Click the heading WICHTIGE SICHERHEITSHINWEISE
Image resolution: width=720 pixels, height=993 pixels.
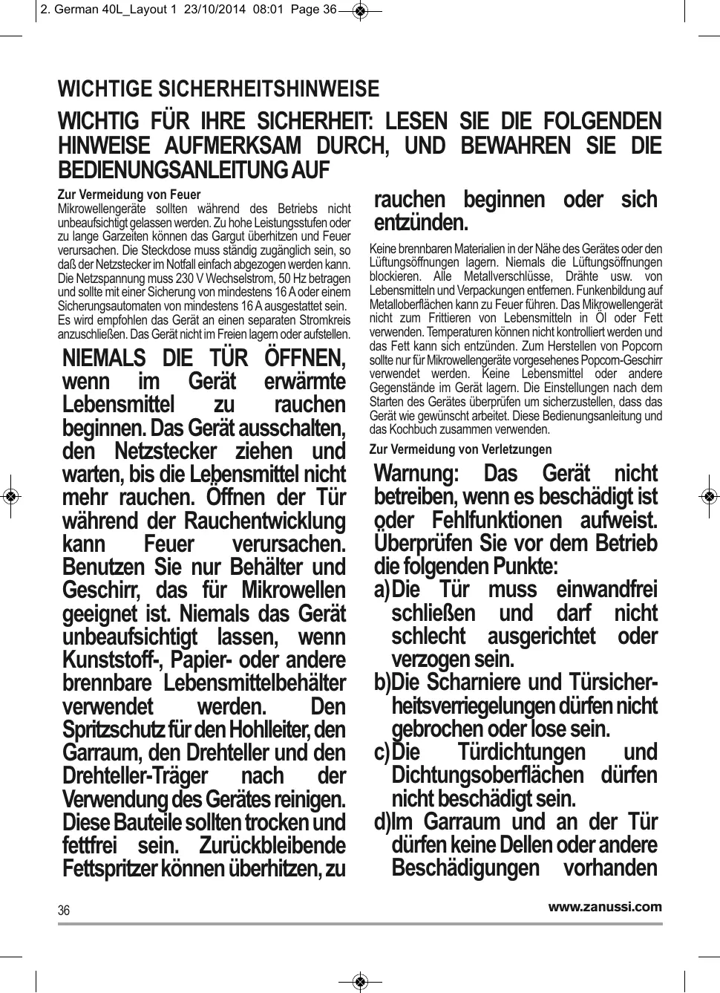218,89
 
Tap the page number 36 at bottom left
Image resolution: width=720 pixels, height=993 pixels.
64,911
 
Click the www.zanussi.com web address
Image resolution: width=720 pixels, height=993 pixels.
605,906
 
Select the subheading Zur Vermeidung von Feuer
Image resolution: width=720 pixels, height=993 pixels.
129,195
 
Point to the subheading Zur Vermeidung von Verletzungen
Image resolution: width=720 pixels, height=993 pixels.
460,449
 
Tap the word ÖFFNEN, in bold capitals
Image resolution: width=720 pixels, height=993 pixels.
305,358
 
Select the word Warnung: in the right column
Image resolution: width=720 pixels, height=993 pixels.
416,473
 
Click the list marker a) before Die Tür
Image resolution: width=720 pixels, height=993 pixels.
382,590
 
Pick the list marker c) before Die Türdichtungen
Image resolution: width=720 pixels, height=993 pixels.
382,752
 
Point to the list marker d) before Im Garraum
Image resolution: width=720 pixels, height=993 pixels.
382,822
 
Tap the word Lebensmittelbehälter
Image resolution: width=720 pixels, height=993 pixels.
255,683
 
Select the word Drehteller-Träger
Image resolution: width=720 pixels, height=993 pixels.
135,776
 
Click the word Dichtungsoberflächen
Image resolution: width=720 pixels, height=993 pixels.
488,775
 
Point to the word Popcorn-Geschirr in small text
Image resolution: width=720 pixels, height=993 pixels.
624,360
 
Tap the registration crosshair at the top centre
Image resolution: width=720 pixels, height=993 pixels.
360,10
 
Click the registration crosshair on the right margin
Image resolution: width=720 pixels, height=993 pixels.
709,496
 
